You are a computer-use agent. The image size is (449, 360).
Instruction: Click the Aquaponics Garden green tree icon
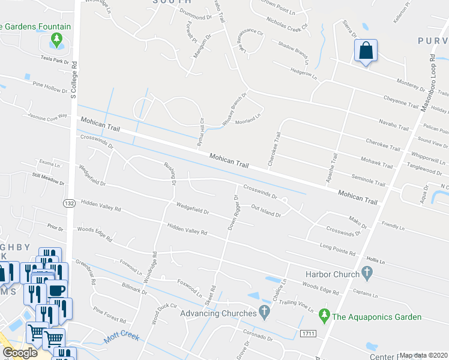coord(325,314)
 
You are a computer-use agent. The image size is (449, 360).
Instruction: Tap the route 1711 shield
coord(308,332)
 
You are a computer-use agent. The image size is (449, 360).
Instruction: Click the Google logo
coord(20,353)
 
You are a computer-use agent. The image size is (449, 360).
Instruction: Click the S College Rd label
coord(74,79)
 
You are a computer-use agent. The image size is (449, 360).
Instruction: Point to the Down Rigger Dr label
coord(234,212)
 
